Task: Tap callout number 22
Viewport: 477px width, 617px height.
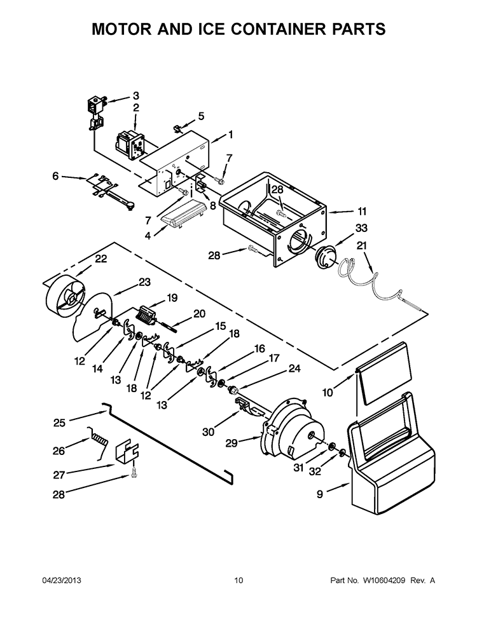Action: [101, 259]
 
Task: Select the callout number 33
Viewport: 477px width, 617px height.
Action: [361, 227]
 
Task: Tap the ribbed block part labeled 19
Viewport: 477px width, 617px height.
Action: [147, 314]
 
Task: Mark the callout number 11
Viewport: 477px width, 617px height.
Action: [362, 211]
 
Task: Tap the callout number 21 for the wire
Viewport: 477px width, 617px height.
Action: [361, 245]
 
